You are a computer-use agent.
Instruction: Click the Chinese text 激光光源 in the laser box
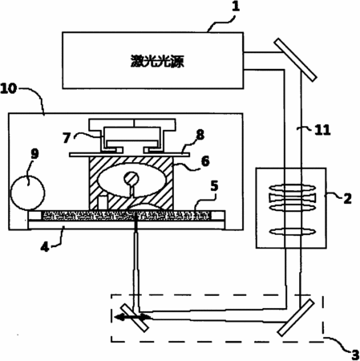(x=157, y=61)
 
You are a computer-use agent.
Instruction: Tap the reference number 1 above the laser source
(x=236, y=6)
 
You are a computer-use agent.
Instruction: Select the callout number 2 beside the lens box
(x=347, y=199)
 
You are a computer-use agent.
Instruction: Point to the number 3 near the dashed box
(x=355, y=355)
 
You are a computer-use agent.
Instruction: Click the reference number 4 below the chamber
(x=45, y=247)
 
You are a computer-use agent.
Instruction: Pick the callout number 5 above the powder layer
(x=214, y=186)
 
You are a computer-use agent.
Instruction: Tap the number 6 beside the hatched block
(x=205, y=161)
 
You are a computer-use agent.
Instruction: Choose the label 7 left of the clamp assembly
(x=67, y=138)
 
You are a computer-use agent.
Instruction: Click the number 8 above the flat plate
(x=200, y=135)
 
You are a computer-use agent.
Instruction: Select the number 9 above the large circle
(x=34, y=154)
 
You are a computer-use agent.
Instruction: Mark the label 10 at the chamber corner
(x=9, y=88)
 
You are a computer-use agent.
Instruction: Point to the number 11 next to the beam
(x=322, y=130)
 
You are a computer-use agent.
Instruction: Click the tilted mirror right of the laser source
(x=296, y=59)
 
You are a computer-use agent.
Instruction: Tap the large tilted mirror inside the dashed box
(x=295, y=318)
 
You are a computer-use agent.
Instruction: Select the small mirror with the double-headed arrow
(x=135, y=318)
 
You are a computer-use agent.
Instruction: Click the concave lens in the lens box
(x=293, y=198)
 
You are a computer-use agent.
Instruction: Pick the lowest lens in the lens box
(x=293, y=231)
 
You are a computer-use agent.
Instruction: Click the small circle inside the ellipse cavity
(x=131, y=178)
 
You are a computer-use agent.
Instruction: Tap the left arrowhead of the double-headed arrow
(x=119, y=318)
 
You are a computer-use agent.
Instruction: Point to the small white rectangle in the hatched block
(x=103, y=203)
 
